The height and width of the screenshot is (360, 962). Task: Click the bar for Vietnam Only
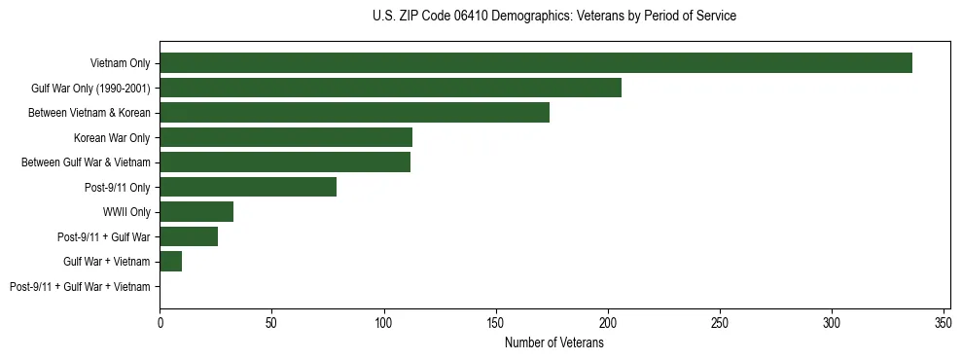point(535,63)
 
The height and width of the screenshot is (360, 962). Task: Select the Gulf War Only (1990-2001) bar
point(390,89)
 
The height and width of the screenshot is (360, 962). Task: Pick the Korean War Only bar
point(286,137)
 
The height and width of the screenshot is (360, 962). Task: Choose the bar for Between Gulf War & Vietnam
point(285,162)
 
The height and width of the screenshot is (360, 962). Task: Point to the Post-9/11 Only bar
point(248,187)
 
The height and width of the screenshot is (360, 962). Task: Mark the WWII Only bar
point(196,212)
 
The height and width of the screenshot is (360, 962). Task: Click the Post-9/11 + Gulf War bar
point(189,236)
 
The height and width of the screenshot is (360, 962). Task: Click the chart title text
point(554,17)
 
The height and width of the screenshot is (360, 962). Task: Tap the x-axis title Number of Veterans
point(554,342)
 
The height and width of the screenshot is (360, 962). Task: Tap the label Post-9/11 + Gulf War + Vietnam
point(80,286)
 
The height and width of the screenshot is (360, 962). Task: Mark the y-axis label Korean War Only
point(112,137)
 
